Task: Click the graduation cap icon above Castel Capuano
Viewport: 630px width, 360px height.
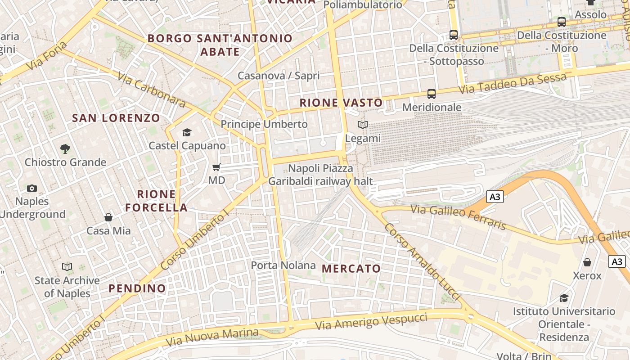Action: click(187, 132)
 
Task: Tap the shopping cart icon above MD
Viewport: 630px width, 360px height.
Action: click(216, 167)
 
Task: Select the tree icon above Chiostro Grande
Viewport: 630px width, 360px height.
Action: click(65, 148)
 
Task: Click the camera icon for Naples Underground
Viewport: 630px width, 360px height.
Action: click(32, 188)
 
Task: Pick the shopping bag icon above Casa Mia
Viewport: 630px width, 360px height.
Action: click(108, 217)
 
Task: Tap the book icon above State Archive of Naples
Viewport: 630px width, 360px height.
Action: click(67, 267)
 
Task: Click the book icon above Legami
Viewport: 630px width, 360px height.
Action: click(363, 125)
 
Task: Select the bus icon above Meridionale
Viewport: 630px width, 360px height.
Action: click(432, 94)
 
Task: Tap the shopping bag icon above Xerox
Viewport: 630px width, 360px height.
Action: click(587, 262)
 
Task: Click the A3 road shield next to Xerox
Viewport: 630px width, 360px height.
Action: click(617, 261)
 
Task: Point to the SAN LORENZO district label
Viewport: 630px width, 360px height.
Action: click(116, 118)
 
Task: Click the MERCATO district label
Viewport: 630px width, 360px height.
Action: click(351, 269)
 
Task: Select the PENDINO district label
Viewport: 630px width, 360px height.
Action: click(137, 288)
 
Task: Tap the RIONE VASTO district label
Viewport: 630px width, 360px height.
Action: click(341, 103)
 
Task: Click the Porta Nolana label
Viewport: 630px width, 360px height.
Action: click(283, 265)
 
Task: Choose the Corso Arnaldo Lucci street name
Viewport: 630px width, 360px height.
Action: click(423, 261)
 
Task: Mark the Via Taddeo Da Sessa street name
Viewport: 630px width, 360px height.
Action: click(513, 84)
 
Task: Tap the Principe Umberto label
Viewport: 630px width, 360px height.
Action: click(264, 124)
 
